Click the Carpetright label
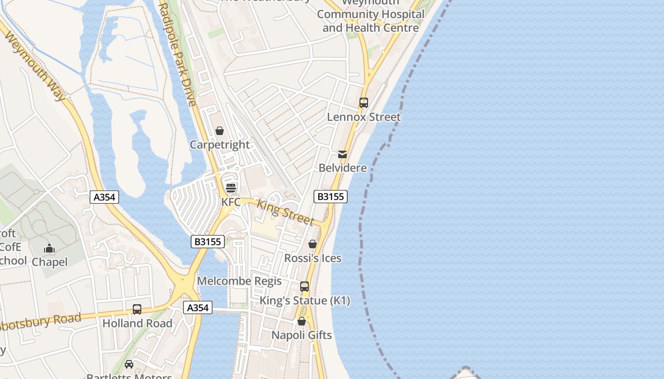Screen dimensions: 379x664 220,144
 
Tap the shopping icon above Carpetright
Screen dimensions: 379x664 220,131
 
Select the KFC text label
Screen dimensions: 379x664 231,202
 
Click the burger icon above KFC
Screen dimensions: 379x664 231,188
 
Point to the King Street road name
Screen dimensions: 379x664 285,212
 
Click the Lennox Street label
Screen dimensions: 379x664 364,117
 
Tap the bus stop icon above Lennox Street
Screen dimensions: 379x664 364,103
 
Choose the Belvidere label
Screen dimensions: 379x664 342,168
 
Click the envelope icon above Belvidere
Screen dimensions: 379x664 342,154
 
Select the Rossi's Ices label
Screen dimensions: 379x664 313,258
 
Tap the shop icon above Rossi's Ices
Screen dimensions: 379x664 313,244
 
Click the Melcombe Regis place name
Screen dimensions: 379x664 239,281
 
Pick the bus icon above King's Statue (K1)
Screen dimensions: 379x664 304,287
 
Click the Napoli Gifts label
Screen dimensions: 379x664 302,335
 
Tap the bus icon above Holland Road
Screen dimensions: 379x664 137,309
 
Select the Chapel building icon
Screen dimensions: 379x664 49,249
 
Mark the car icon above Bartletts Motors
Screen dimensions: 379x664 129,364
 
